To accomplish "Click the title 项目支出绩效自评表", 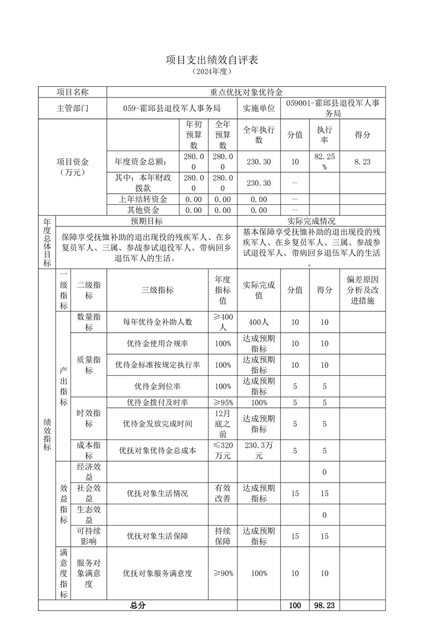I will tap(212, 60).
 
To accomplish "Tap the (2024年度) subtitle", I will tap(212, 71).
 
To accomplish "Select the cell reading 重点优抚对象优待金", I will tap(246, 92).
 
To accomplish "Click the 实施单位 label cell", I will tap(259, 108).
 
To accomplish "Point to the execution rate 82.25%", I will tap(324, 162).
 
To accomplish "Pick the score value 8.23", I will tap(362, 162).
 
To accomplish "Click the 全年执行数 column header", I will tap(259, 134).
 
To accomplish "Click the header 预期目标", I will tap(146, 221).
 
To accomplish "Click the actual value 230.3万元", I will tap(259, 451).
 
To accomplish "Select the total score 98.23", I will tap(324, 606).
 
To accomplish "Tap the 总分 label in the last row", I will tap(138, 606).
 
